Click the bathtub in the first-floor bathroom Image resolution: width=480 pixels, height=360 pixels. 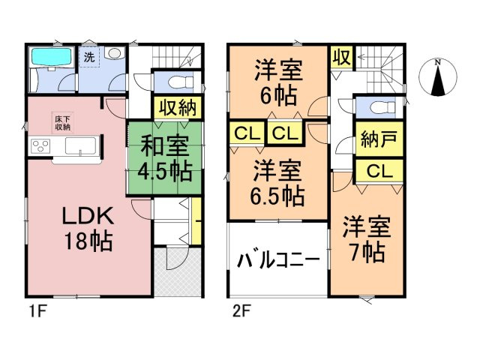(50, 58)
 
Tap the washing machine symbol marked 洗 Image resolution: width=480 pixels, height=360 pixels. (90, 57)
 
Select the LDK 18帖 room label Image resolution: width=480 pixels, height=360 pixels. (87, 229)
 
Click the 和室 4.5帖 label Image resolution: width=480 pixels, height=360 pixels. (158, 157)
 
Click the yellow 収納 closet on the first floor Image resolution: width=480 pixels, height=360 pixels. (177, 106)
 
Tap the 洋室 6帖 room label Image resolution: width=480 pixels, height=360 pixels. (277, 82)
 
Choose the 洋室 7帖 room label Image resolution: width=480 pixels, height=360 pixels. (365, 238)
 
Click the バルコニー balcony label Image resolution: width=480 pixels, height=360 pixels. (279, 260)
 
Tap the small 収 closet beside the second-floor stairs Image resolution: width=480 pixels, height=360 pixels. (341, 58)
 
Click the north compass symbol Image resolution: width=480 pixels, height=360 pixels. (438, 77)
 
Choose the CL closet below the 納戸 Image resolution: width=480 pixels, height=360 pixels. (379, 171)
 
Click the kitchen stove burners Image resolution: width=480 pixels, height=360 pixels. (39, 146)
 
